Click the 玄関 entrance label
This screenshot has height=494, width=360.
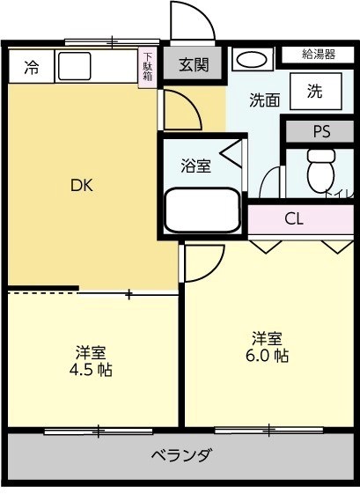point(194,65)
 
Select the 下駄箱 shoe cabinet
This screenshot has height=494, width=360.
point(147,67)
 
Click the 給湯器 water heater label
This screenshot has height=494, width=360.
point(318,54)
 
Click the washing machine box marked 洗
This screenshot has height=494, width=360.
point(314,91)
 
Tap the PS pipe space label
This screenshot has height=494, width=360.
point(321,131)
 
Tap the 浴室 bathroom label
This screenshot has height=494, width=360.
point(195,165)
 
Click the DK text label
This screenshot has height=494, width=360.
point(82,185)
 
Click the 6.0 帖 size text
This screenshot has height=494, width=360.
point(268,356)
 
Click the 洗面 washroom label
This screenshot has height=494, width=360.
point(264,100)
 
